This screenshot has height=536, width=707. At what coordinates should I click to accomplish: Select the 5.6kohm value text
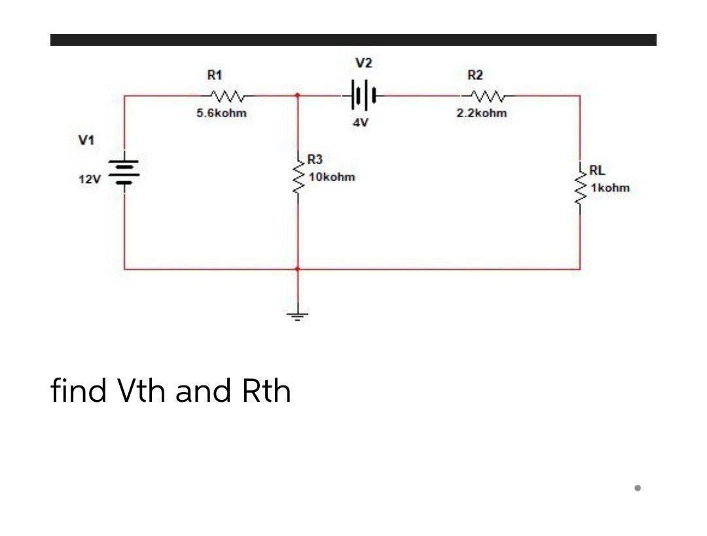pos(222,113)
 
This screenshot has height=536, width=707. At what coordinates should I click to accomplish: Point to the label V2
pos(364,63)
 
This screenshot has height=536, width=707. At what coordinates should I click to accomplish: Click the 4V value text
pos(360,122)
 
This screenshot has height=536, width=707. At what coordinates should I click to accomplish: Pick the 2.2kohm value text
pos(481,113)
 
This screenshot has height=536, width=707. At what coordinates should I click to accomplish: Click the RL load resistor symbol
pos(580,187)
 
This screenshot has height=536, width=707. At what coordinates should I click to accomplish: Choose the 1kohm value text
pos(609,188)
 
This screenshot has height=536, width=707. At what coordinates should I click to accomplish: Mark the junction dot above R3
pos(298,96)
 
